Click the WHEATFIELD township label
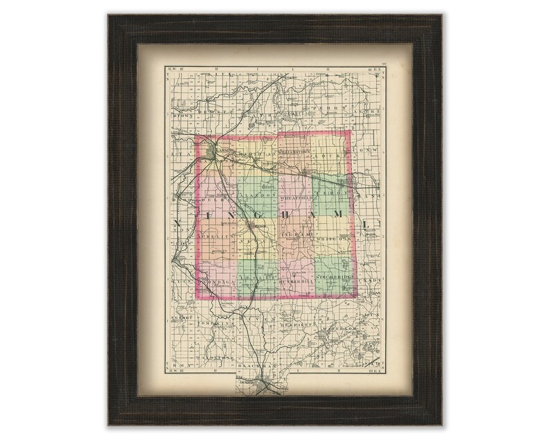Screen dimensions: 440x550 pos(299,196)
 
